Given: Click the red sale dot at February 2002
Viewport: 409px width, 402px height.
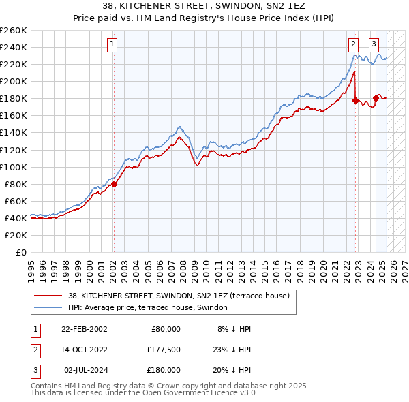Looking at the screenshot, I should coord(114,183).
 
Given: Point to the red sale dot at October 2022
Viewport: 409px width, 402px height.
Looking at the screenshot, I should coord(355,100).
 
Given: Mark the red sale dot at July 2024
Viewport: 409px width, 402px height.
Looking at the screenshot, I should coord(376,98).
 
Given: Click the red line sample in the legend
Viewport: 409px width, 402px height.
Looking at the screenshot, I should coord(48,296).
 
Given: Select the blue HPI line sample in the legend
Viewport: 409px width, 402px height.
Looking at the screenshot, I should coord(48,307).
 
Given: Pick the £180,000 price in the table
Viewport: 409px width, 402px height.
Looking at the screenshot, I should coord(164,370).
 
